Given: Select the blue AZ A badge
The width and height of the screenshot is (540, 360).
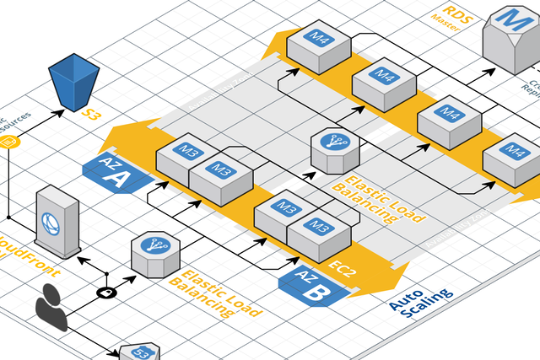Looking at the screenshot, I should point(115,172).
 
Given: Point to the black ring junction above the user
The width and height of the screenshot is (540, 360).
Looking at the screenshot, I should point(107,293).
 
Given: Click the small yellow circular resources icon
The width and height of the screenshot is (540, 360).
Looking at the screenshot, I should point(13,142).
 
